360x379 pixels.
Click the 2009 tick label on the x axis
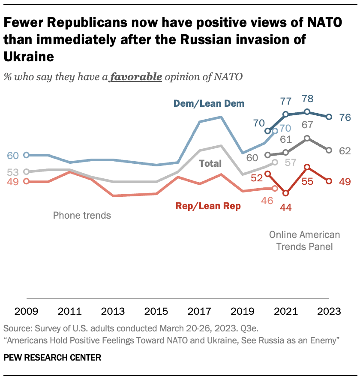coord(27,311)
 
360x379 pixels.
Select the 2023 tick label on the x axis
coord(329,311)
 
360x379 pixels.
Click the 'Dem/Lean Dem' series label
coord(209,103)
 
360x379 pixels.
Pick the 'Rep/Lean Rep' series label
coord(208,206)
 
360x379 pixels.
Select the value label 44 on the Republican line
coord(285,207)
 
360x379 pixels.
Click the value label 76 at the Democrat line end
coord(345,117)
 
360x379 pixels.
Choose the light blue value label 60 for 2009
coord(13,155)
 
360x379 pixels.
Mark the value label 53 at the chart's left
coord(13,172)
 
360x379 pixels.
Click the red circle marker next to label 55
coord(307,167)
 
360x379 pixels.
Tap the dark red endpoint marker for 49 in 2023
coord(329,181)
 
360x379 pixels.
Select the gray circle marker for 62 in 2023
coord(329,150)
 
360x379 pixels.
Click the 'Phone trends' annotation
coord(82,215)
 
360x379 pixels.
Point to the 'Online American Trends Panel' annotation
coord(304,241)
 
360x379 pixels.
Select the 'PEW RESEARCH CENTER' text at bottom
coord(52,358)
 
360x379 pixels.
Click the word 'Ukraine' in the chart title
coord(29,56)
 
